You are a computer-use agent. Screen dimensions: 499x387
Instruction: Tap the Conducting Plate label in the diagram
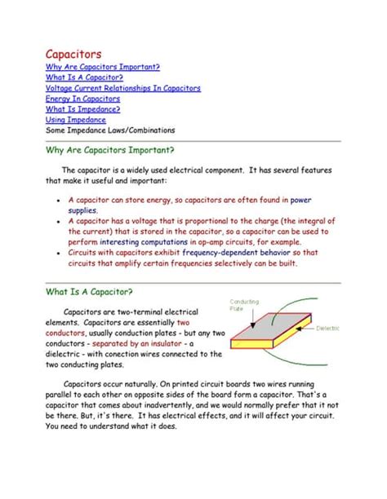pos(244,305)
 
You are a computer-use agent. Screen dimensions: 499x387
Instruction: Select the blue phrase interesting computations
pos(143,242)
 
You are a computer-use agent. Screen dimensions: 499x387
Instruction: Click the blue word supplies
pos(82,210)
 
